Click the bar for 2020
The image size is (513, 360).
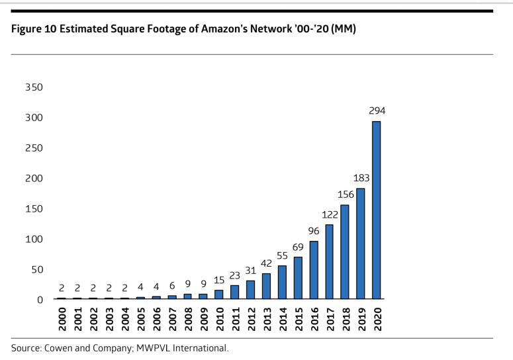point(377,210)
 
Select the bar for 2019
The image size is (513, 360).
point(361,244)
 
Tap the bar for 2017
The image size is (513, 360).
point(329,262)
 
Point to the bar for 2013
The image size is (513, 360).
point(266,286)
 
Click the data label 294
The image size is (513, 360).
point(377,112)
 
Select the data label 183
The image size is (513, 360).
point(361,179)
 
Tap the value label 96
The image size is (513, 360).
point(313,232)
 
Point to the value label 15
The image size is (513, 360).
point(218,281)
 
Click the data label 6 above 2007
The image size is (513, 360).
point(171,286)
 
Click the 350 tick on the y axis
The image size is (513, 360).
point(34,87)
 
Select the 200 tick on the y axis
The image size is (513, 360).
point(34,178)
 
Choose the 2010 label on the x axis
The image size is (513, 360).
point(218,318)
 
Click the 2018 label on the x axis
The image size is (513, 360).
point(345,318)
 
